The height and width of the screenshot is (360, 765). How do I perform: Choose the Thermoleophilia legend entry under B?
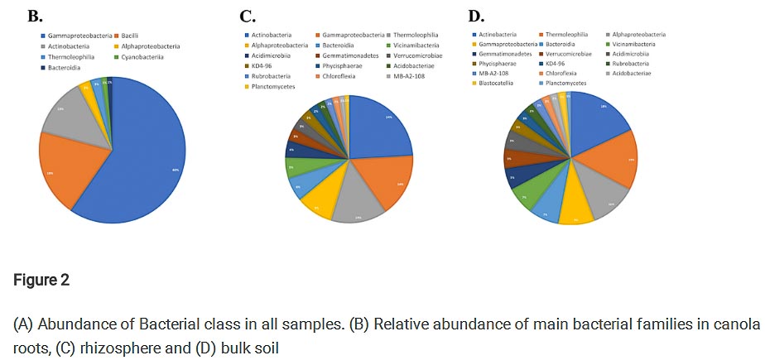75,57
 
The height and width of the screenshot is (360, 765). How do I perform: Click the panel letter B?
34,15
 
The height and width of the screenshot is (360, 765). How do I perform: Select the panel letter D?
475,16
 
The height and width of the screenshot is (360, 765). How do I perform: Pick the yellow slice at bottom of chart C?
317,201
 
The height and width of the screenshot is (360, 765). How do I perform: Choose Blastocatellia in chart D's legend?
498,84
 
